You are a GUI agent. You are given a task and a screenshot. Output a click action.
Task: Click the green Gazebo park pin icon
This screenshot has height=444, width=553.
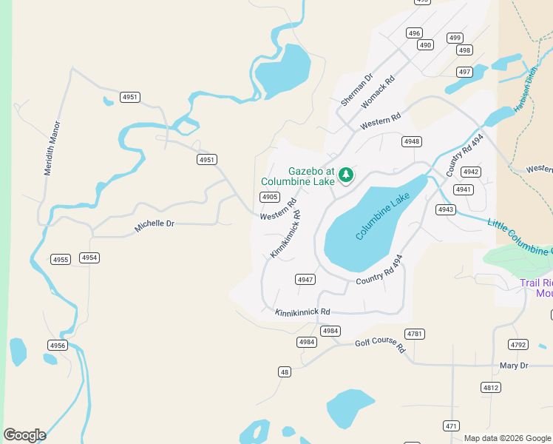point(345,175)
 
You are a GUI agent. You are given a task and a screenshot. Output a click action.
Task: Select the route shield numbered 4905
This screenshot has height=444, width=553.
point(269,197)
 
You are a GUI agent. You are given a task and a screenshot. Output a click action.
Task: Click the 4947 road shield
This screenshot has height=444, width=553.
point(305,279)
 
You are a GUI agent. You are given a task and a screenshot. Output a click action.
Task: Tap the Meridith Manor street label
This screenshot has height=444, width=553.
point(52,148)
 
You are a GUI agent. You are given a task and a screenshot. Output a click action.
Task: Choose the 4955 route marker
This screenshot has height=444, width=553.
point(60,259)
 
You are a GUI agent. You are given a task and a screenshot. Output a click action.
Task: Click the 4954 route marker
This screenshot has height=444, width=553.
point(89,258)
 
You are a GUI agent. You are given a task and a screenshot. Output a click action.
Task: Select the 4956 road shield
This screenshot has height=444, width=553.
point(57,346)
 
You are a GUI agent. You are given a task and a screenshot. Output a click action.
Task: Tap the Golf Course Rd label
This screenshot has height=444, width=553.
point(380,345)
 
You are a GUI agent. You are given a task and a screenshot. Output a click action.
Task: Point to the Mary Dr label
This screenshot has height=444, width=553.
point(514,366)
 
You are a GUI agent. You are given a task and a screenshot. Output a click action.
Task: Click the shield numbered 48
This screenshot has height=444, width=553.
point(285,371)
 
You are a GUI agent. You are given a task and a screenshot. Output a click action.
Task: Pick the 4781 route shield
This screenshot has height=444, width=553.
point(415,334)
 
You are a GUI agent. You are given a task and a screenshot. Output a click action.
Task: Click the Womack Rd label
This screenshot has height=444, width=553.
point(377,92)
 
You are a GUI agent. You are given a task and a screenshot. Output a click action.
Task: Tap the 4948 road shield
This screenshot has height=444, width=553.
point(412,141)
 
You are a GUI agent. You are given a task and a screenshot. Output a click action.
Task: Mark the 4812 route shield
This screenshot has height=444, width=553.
point(490,387)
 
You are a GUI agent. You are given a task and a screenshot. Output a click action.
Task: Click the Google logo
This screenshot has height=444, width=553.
point(24,435)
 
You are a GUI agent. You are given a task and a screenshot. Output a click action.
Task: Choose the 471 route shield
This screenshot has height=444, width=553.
point(451,425)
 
